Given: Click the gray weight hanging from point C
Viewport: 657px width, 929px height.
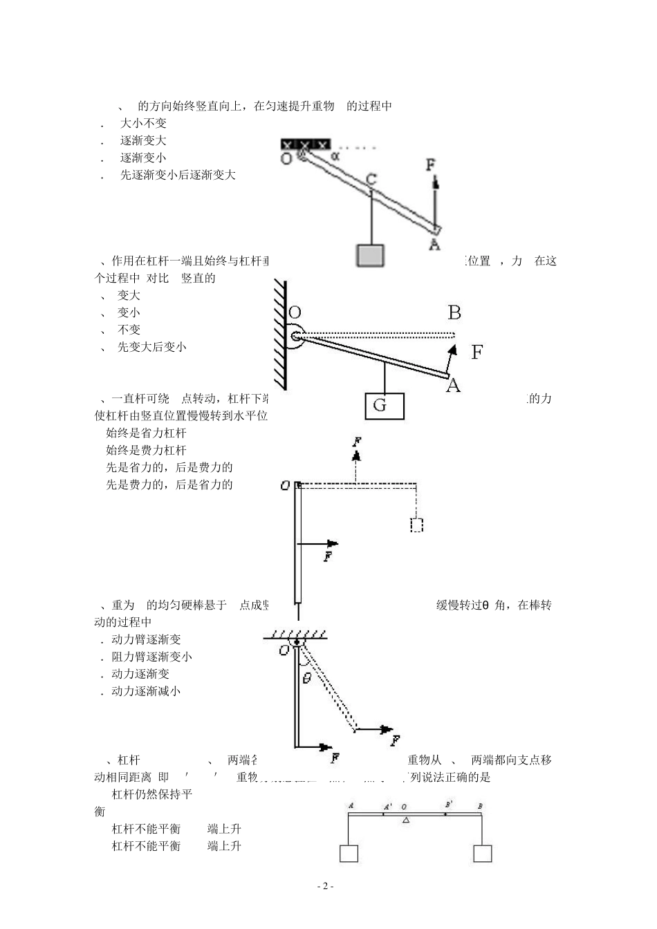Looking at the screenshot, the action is [370, 255].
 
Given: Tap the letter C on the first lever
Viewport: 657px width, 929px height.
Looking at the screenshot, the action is [371, 180].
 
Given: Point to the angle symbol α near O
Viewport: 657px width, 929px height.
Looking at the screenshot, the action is [335, 156].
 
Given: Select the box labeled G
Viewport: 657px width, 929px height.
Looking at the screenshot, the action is [385, 406].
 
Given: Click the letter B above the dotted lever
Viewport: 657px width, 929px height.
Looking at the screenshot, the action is [454, 313].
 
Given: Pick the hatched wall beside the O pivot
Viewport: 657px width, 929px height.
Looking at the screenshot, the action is [280, 335].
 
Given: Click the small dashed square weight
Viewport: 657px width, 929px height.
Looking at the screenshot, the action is [416, 525].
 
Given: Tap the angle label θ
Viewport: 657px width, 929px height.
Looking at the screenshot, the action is [306, 678].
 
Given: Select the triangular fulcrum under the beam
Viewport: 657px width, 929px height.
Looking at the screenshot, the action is [406, 820].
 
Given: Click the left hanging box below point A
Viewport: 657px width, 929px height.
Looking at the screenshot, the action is [349, 853].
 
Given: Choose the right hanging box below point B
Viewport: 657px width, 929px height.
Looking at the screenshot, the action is [483, 853].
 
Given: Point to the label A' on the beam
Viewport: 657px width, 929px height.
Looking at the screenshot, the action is [388, 806].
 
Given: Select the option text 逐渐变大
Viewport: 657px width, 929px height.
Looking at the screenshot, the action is [143, 140].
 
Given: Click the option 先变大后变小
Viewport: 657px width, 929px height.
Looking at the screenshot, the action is [151, 347].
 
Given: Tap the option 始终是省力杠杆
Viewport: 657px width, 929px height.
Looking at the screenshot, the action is [146, 433].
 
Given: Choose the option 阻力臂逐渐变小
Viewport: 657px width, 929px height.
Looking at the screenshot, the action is [151, 657].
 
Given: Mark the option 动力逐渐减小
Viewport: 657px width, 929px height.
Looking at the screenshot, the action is [146, 691].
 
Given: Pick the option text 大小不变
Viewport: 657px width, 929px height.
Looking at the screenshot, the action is [143, 123].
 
